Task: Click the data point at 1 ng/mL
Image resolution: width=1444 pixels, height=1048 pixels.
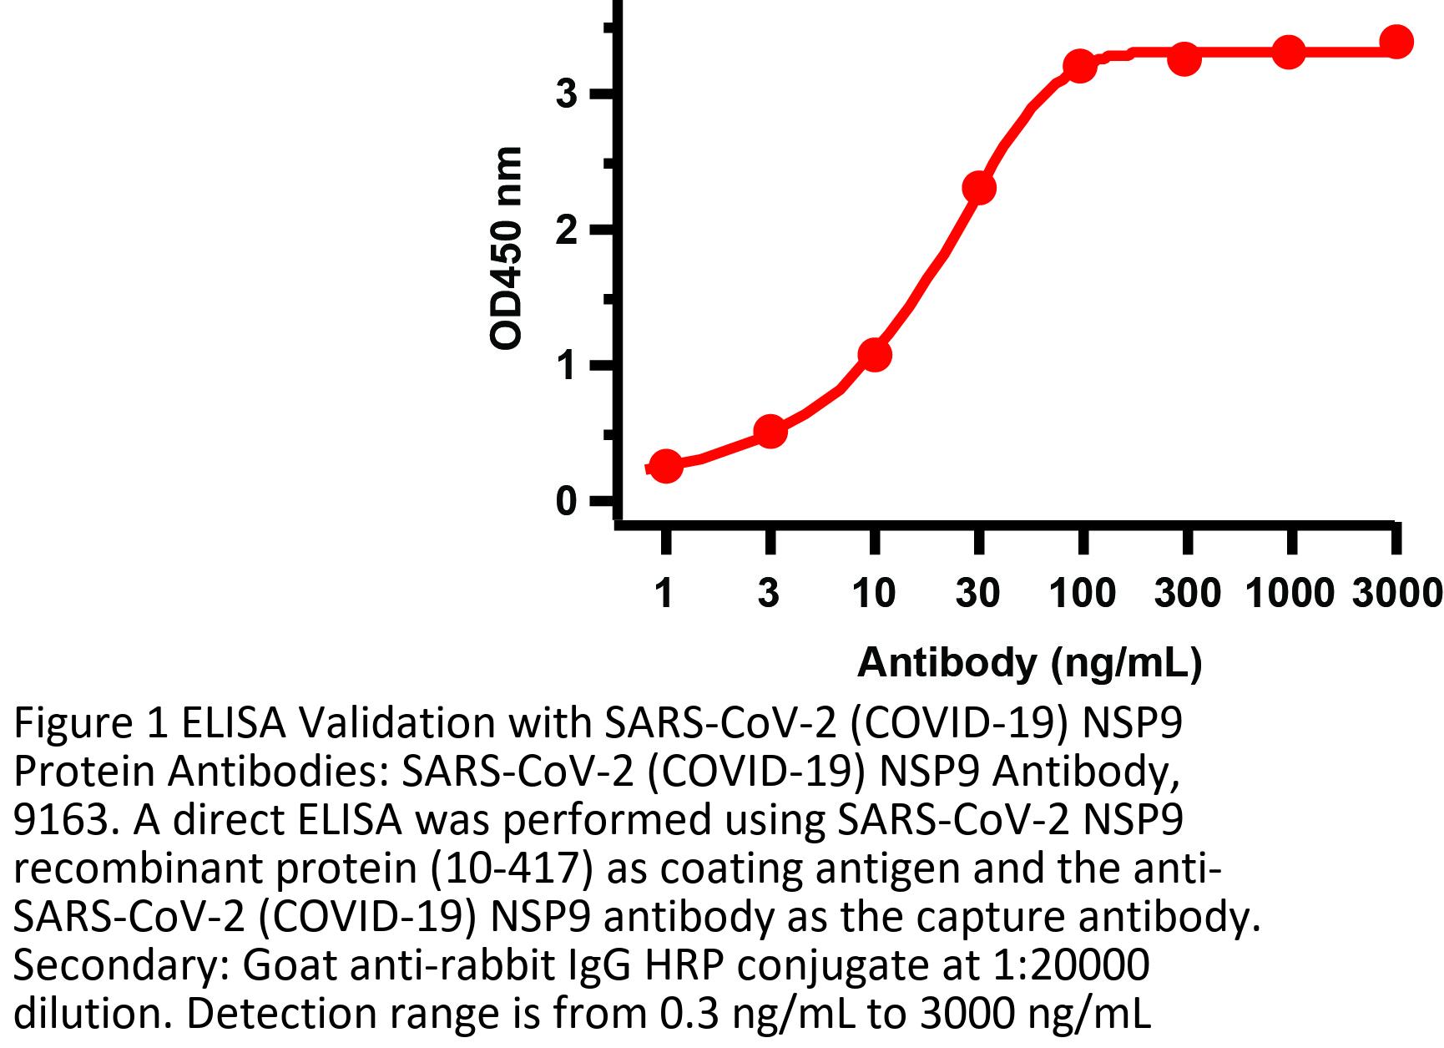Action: [665, 466]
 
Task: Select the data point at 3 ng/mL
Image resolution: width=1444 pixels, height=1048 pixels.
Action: [770, 432]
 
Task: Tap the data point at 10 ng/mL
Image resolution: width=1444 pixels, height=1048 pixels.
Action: [874, 355]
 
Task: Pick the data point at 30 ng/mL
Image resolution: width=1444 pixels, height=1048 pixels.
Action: [979, 189]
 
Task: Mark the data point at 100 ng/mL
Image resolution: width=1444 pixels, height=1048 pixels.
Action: [1080, 66]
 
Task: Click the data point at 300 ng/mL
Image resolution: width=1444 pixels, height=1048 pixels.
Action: [1184, 59]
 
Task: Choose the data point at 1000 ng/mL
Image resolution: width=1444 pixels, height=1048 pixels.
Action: [1289, 53]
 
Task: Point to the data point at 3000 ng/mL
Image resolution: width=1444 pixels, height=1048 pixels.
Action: [1396, 42]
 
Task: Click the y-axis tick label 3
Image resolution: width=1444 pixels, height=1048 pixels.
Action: [567, 94]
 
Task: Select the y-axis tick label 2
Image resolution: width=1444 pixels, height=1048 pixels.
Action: [567, 230]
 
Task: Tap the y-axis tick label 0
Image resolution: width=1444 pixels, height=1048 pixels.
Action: [567, 502]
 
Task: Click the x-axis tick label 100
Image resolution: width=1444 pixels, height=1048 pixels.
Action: [1083, 593]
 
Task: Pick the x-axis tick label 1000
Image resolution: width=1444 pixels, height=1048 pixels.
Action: [1290, 593]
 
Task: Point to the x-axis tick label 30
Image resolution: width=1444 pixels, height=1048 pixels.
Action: [977, 593]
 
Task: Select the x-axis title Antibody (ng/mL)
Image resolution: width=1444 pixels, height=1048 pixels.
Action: [1029, 662]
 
